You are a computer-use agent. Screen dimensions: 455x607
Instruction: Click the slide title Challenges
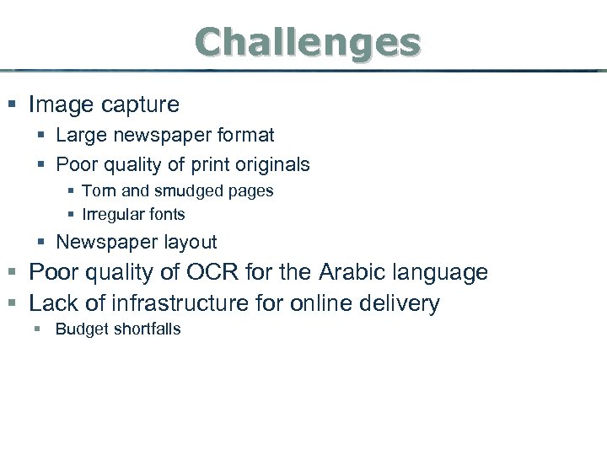pos(307,41)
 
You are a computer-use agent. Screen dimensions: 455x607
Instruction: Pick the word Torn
pos(99,190)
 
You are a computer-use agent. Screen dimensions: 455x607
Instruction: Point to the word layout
pos(191,243)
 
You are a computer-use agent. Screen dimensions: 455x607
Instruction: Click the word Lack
pos(53,302)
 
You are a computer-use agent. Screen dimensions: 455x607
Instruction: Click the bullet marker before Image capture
pos(11,105)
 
